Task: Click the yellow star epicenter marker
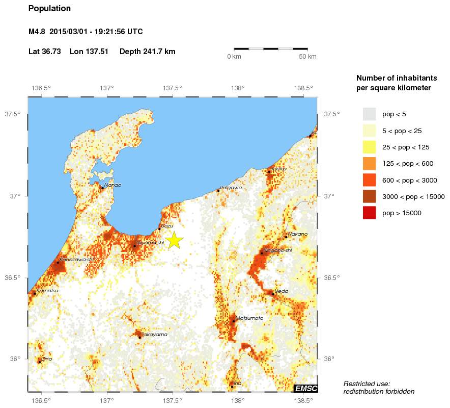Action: (x=174, y=240)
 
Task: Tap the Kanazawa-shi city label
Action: (x=77, y=260)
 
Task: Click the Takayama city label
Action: (x=154, y=335)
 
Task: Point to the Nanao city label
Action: (x=112, y=185)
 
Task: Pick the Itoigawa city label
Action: (x=231, y=188)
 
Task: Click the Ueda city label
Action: (x=282, y=291)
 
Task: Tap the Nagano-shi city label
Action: (x=278, y=250)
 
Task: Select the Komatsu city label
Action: (x=47, y=291)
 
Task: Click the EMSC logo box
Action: (x=306, y=389)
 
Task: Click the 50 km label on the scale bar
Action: (x=307, y=56)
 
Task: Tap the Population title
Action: (x=49, y=9)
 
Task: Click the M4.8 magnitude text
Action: (x=38, y=32)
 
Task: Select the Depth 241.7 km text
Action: (x=148, y=52)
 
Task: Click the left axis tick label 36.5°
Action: (x=13, y=278)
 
